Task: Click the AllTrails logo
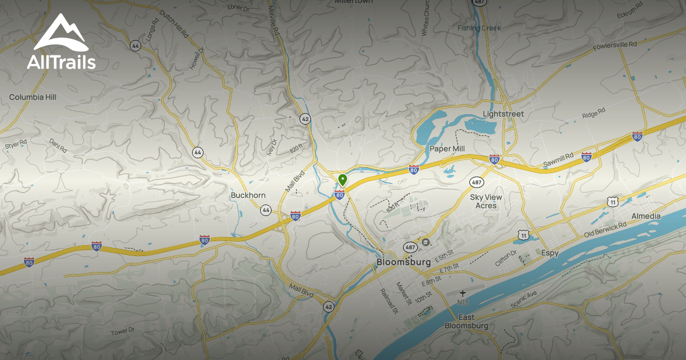[61, 42]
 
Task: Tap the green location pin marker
[342, 180]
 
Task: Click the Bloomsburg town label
[404, 262]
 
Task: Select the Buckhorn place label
[248, 195]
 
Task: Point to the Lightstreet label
[503, 114]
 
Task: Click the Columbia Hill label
[33, 97]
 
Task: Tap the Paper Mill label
[447, 149]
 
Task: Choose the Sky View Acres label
[486, 201]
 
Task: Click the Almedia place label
[646, 216]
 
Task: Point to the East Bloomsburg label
[466, 321]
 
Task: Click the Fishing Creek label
[480, 28]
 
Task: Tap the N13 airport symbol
[463, 293]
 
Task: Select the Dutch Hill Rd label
[174, 24]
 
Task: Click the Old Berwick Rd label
[605, 230]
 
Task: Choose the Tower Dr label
[122, 331]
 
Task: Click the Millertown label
[353, 2]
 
